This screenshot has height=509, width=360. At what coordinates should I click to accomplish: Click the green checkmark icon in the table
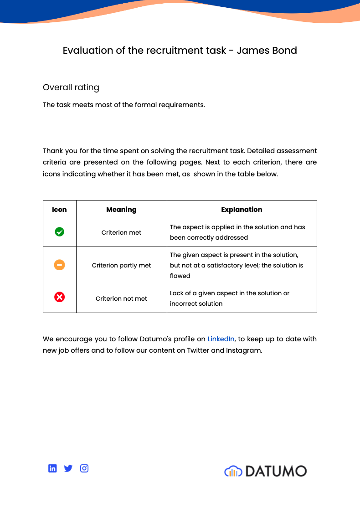tap(59, 232)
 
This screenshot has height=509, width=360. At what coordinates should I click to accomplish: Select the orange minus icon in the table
tap(59, 265)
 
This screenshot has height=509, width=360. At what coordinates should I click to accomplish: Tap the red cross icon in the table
tap(59, 298)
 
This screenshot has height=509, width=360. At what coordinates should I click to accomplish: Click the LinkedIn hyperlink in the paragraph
tap(221, 339)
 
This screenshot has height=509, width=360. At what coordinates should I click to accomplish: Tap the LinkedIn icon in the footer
tap(52, 468)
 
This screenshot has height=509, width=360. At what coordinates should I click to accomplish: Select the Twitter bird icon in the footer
tap(68, 468)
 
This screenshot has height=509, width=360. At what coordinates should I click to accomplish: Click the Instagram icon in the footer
tap(84, 468)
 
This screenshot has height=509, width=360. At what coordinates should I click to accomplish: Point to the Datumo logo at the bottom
tap(266, 471)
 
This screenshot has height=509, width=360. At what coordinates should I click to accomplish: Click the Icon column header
tap(59, 210)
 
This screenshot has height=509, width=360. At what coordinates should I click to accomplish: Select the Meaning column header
tap(121, 210)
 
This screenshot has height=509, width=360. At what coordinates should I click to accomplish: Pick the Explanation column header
tap(242, 210)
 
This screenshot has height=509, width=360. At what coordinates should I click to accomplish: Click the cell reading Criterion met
tap(121, 232)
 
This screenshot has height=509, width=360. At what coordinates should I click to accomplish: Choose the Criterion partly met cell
tap(121, 265)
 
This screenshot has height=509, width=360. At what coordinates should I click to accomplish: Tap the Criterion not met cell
tap(121, 298)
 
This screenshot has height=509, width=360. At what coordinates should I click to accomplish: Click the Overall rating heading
tap(71, 87)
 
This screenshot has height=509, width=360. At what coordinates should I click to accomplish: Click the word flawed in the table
tap(180, 276)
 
